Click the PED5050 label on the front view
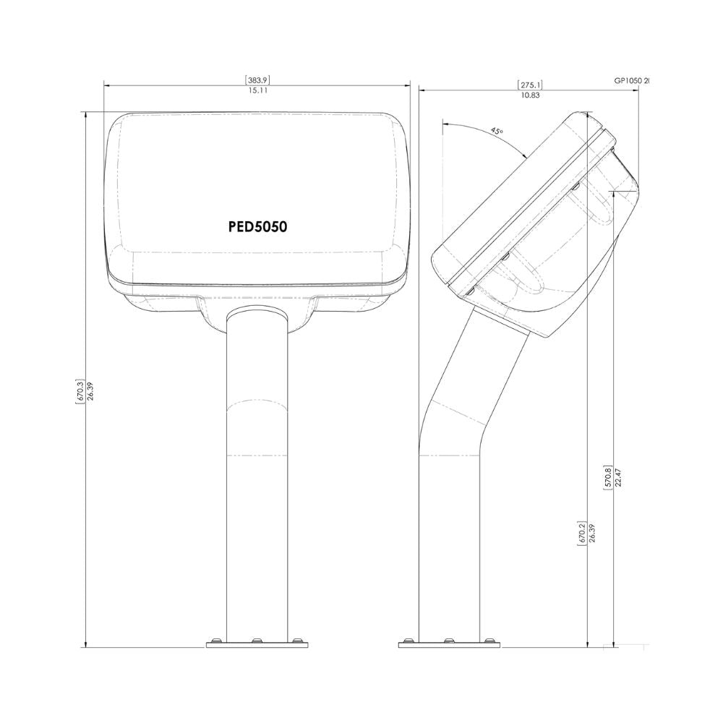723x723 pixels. (257, 226)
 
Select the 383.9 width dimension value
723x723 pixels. (257, 81)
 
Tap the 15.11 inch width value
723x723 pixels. (257, 91)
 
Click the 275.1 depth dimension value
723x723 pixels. (530, 85)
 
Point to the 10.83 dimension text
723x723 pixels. (530, 95)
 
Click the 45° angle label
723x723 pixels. (496, 131)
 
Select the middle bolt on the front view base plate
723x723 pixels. (255, 640)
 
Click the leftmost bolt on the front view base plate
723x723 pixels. (215, 640)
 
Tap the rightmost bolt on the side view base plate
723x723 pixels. (489, 640)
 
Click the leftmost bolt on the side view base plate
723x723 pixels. (409, 640)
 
